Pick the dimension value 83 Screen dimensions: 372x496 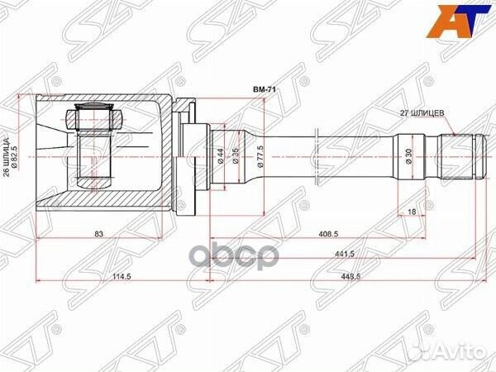[98, 235]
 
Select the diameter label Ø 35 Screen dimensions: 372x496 [237, 155]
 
